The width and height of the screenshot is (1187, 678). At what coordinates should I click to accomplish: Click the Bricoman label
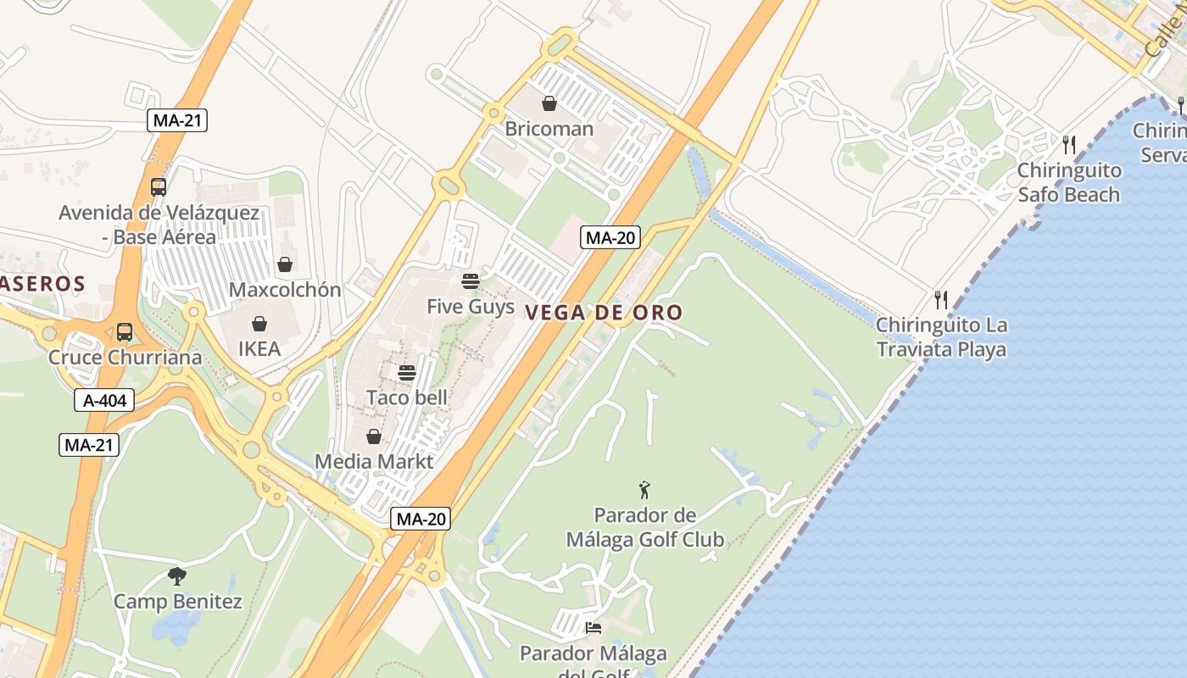click(549, 130)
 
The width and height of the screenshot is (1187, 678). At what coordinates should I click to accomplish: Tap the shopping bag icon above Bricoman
click(549, 103)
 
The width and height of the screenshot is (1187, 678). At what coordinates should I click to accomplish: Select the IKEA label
click(259, 348)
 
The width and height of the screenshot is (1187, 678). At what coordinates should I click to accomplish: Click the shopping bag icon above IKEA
click(259, 324)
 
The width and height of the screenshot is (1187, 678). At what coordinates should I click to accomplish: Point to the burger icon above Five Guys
click(471, 281)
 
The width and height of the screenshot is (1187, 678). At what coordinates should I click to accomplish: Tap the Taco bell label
click(407, 397)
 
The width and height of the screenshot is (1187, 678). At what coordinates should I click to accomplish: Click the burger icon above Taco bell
click(407, 372)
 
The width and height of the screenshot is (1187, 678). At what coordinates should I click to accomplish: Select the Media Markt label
click(374, 462)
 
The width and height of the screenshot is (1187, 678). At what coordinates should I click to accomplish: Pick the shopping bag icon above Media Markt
click(374, 436)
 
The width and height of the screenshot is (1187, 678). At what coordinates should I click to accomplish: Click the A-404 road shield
click(105, 401)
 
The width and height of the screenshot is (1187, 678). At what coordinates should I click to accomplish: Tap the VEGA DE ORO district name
click(604, 313)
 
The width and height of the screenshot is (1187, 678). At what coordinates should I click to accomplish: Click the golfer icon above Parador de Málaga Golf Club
click(645, 490)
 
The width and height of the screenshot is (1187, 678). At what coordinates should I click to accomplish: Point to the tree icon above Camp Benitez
click(177, 577)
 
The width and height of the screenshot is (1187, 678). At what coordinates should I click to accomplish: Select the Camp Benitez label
click(178, 602)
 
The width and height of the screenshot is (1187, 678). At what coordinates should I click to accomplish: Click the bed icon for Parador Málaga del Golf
click(593, 628)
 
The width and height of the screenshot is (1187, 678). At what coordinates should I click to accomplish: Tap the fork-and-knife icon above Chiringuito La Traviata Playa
click(940, 299)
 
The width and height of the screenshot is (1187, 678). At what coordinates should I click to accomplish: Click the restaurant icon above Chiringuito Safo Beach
click(1069, 145)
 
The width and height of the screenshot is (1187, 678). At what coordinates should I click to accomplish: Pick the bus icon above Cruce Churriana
click(125, 332)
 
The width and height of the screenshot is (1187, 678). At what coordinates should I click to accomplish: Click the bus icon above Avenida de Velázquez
click(159, 187)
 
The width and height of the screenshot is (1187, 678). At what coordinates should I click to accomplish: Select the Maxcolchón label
click(285, 290)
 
